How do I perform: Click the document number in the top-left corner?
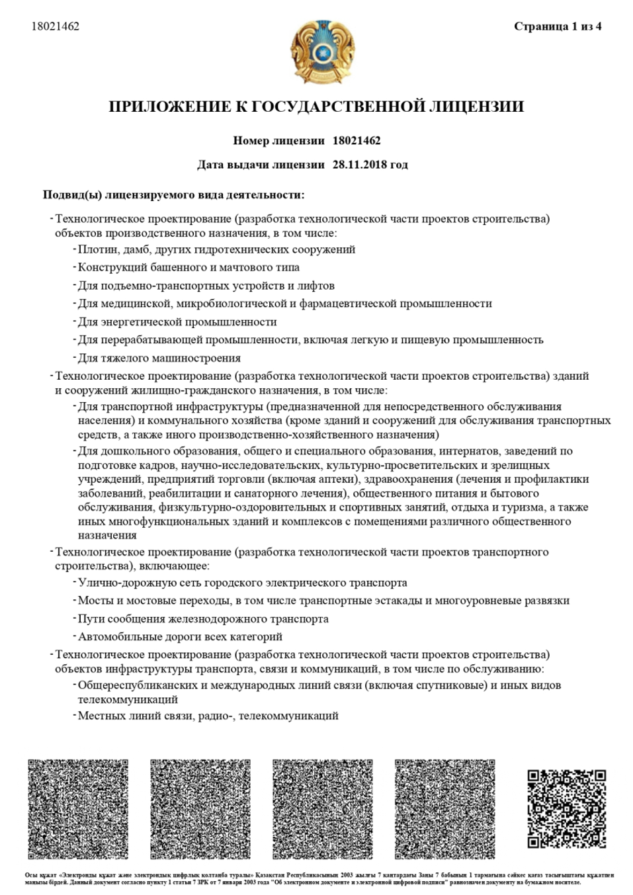(x=56, y=26)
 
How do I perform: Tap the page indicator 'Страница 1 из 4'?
(x=558, y=26)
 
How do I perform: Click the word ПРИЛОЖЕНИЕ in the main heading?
(x=167, y=107)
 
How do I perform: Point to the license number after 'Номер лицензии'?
(x=357, y=141)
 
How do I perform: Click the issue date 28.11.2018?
(x=358, y=165)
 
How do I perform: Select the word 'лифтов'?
(x=317, y=286)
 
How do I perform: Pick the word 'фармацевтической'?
(x=344, y=304)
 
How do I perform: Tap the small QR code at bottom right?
(x=567, y=808)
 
